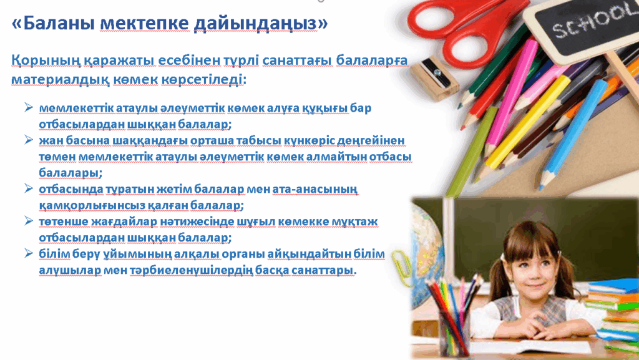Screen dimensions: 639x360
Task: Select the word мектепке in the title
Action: pyautogui.click(x=144, y=24)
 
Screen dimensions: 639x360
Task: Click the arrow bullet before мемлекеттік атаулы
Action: pyautogui.click(x=29, y=107)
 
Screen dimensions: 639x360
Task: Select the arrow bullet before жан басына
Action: pyautogui.click(x=29, y=140)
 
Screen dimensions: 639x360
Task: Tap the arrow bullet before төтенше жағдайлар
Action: pyautogui.click(x=29, y=221)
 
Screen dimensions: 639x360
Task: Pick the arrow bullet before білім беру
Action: pyautogui.click(x=29, y=253)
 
